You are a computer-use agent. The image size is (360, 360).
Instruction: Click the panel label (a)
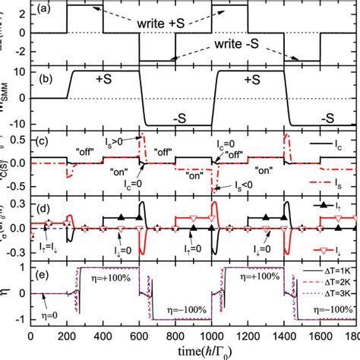coord(44,10)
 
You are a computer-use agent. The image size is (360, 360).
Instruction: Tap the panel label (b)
coord(44,77)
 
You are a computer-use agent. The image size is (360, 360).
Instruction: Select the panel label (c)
coord(44,139)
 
